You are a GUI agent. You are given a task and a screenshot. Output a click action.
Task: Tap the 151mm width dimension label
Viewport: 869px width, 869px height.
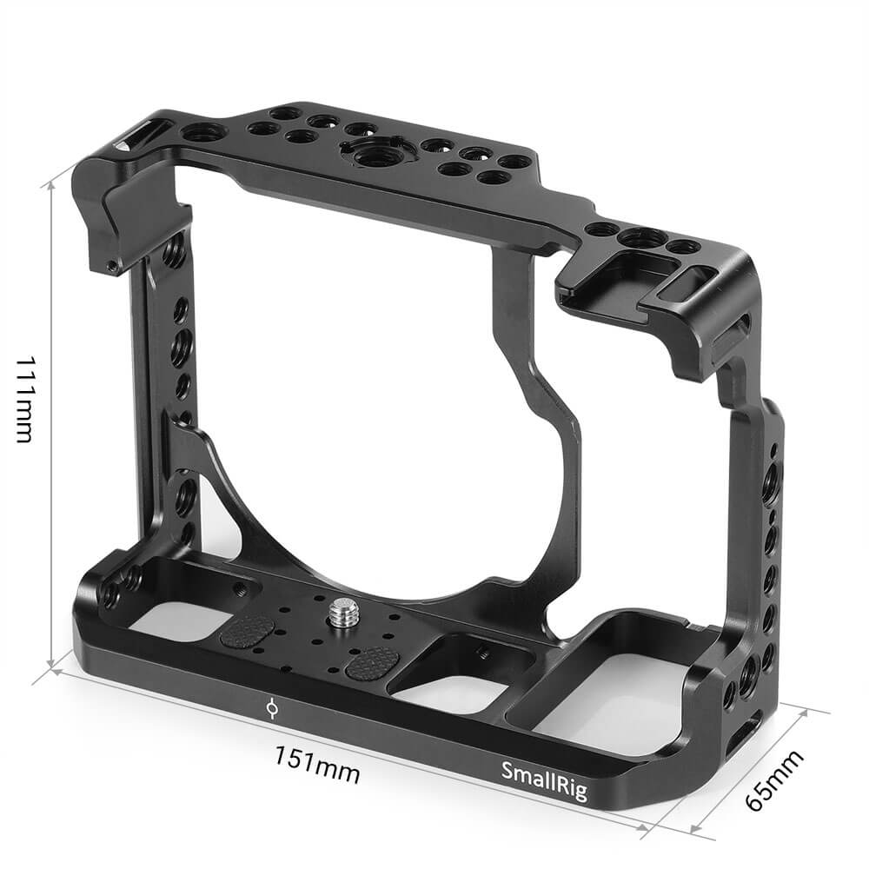(x=317, y=765)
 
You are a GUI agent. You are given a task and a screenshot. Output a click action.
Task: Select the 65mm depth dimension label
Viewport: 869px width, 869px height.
(x=773, y=779)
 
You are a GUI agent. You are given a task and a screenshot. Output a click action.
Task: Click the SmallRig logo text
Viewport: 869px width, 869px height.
(x=544, y=781)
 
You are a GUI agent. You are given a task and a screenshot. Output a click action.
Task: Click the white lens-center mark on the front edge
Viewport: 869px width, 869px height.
(x=271, y=708)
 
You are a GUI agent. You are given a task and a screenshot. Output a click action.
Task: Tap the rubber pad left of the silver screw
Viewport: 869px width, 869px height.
(x=248, y=631)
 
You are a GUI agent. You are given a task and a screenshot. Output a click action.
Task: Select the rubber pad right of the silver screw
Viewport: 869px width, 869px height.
(x=372, y=663)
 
